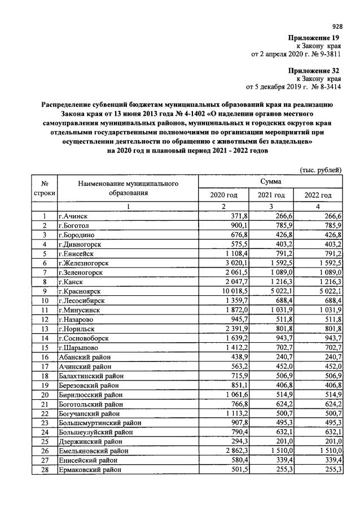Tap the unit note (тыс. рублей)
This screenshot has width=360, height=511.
[319, 170]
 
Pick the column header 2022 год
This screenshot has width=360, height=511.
[319, 195]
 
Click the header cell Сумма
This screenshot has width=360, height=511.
[271, 182]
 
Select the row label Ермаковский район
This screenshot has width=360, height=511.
[89, 469]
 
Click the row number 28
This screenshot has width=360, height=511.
[44, 469]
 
